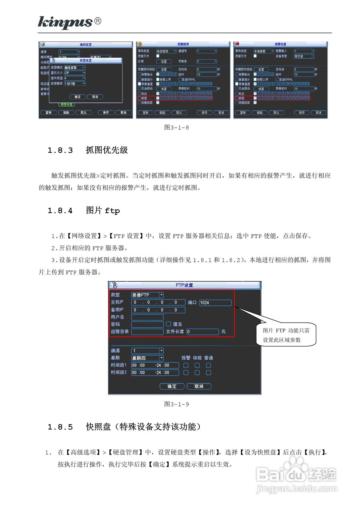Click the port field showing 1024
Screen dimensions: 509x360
coord(215,303)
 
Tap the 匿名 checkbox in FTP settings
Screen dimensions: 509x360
coord(169,324)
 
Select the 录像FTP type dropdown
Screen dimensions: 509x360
coord(147,295)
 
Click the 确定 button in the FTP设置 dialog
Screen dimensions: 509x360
coord(172,386)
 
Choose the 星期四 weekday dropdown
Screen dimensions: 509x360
coord(147,358)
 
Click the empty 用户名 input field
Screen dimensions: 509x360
coord(147,317)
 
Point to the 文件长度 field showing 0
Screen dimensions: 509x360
coord(202,332)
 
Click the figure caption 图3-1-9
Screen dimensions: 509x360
coord(177,404)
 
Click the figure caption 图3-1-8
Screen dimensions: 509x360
coord(177,128)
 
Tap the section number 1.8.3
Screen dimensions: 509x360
coord(60,150)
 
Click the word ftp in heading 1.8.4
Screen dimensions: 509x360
coord(112,211)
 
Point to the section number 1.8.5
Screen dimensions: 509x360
coord(60,427)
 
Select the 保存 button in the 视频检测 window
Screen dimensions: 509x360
coord(204,113)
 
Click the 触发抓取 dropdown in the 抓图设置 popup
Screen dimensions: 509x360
coord(75,68)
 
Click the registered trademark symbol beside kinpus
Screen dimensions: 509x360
coord(97,21)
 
